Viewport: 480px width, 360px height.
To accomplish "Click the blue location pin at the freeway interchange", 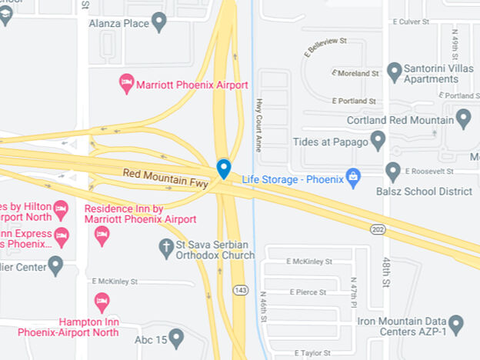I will click(224, 168).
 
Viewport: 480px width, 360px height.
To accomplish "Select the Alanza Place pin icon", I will click(159, 22).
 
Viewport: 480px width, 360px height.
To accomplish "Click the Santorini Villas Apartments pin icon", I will click(395, 72).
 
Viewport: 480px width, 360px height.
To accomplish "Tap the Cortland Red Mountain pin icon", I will click(463, 118).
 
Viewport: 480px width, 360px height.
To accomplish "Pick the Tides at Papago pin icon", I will click(378, 140).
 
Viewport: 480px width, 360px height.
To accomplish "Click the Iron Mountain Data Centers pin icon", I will click(456, 324).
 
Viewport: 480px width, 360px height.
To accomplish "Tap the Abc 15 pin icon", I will click(176, 336).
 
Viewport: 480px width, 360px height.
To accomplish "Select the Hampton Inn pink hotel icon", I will click(102, 301).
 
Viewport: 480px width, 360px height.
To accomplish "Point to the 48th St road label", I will click(386, 269).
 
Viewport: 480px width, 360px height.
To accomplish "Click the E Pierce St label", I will click(308, 292).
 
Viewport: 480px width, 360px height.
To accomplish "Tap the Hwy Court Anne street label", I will click(259, 125).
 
